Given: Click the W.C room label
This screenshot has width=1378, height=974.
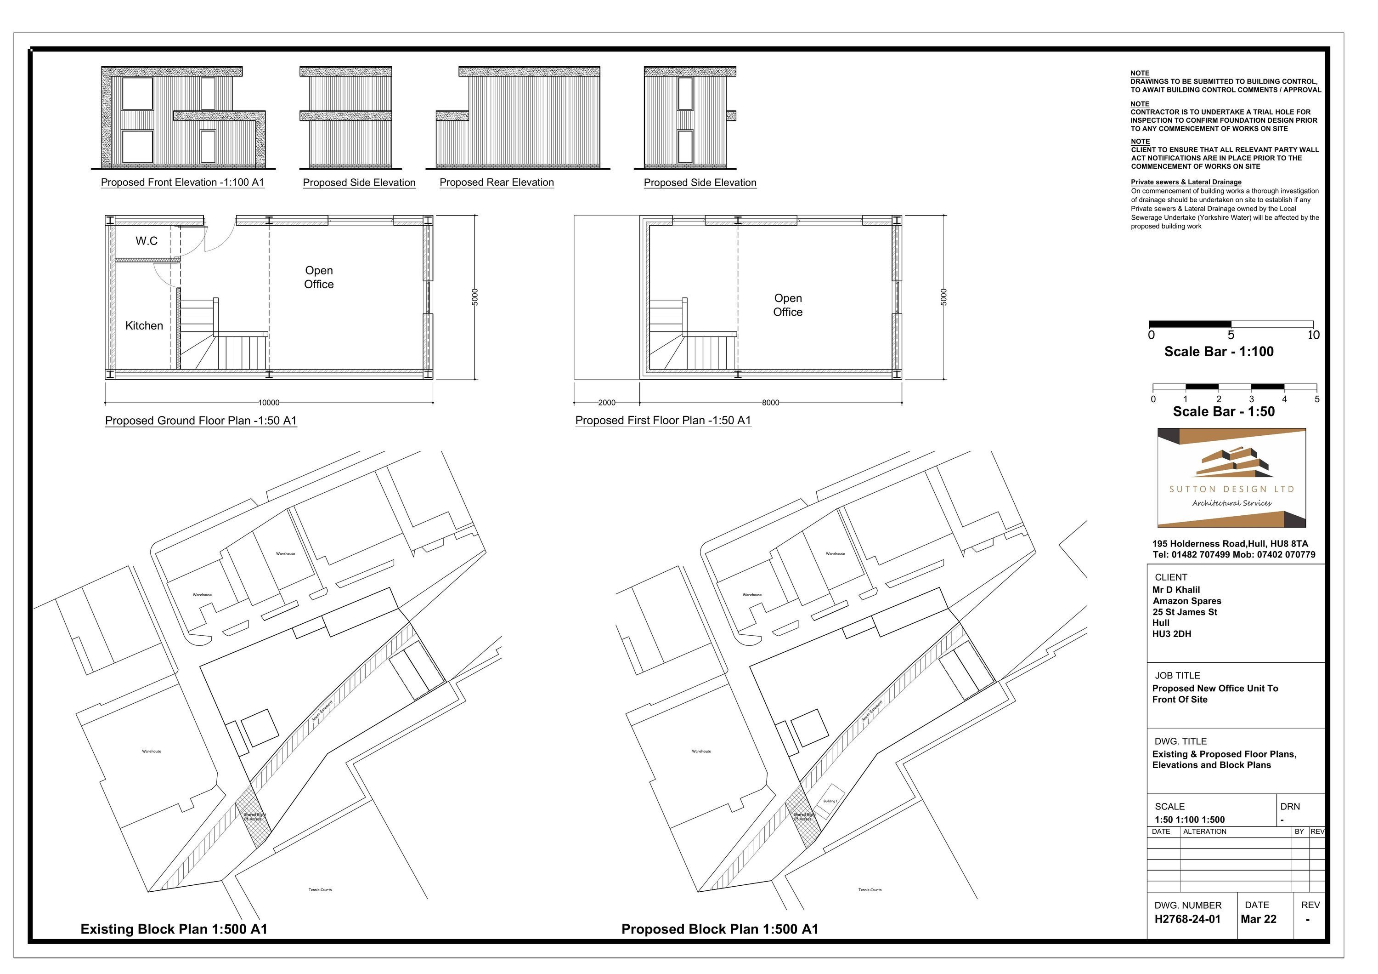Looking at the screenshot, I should pyautogui.click(x=147, y=241).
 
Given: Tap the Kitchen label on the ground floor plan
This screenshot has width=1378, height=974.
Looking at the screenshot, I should pyautogui.click(x=144, y=326).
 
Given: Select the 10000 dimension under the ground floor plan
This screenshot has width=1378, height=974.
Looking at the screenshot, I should pyautogui.click(x=269, y=403).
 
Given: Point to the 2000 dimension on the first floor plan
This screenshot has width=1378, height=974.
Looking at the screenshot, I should pyautogui.click(x=607, y=403).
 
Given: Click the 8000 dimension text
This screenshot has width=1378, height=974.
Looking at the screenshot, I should pyautogui.click(x=771, y=403).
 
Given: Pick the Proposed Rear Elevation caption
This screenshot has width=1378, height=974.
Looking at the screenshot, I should pyautogui.click(x=497, y=182).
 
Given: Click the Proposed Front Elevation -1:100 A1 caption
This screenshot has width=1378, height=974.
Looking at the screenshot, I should pyautogui.click(x=182, y=182).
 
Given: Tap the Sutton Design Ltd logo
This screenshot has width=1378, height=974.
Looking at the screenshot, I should pyautogui.click(x=1231, y=478).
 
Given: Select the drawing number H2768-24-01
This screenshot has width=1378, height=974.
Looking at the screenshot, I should pyautogui.click(x=1187, y=919).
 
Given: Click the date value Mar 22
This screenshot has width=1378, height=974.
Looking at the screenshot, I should pyautogui.click(x=1259, y=919).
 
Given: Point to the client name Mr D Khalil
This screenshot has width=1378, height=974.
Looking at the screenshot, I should pyautogui.click(x=1176, y=590).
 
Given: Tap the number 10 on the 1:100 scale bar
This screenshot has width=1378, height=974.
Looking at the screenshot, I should pyautogui.click(x=1313, y=335).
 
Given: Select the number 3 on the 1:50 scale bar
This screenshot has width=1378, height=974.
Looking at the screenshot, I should pyautogui.click(x=1251, y=399).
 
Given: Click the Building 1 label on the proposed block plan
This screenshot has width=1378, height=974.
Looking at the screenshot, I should pyautogui.click(x=830, y=801).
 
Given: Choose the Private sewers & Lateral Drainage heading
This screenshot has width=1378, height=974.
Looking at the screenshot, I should pyautogui.click(x=1186, y=182).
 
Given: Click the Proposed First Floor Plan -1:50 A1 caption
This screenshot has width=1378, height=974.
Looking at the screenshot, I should pyautogui.click(x=663, y=421).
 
